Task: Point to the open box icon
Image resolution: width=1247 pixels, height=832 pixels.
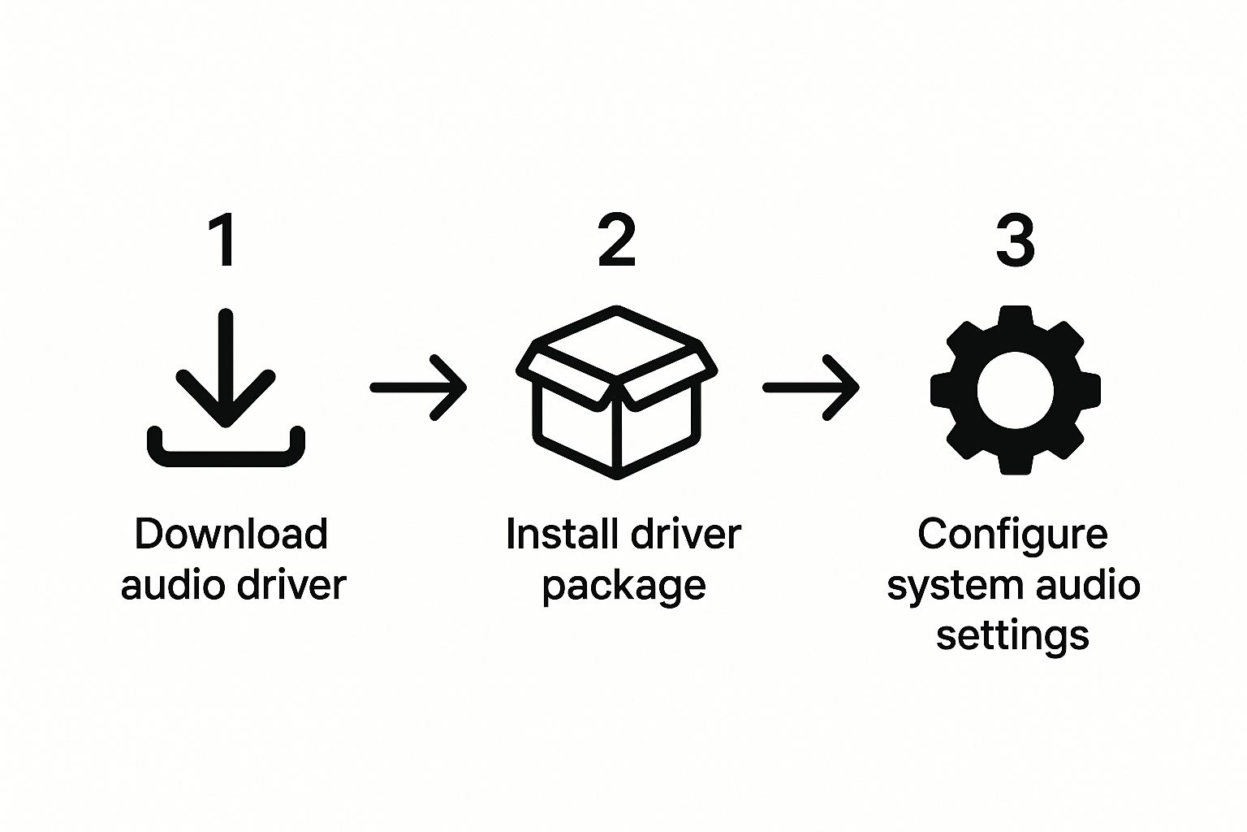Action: point(617,392)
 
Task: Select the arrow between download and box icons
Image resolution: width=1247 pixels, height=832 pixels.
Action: point(418,388)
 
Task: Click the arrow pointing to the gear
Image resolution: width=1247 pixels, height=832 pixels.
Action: point(810,388)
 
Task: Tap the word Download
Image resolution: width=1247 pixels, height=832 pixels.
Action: point(231,535)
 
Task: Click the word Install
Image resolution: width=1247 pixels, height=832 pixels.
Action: point(551,535)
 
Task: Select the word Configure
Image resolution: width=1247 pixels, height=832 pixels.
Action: point(1012,535)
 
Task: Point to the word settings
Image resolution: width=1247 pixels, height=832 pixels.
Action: point(1012,635)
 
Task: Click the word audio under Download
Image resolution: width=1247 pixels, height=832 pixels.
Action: point(170,585)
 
